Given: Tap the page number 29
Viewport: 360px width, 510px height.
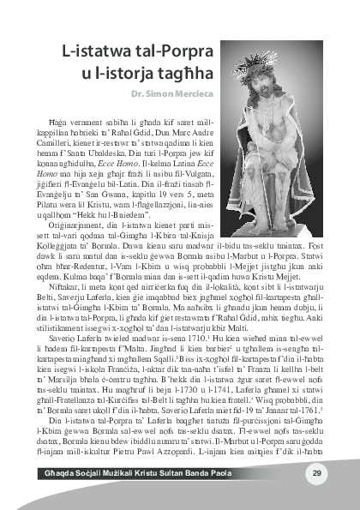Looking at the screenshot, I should tap(316, 473).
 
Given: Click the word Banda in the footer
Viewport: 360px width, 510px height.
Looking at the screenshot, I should tap(228, 474).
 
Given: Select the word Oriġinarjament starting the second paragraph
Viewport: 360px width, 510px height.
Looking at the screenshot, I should tap(76, 213).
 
